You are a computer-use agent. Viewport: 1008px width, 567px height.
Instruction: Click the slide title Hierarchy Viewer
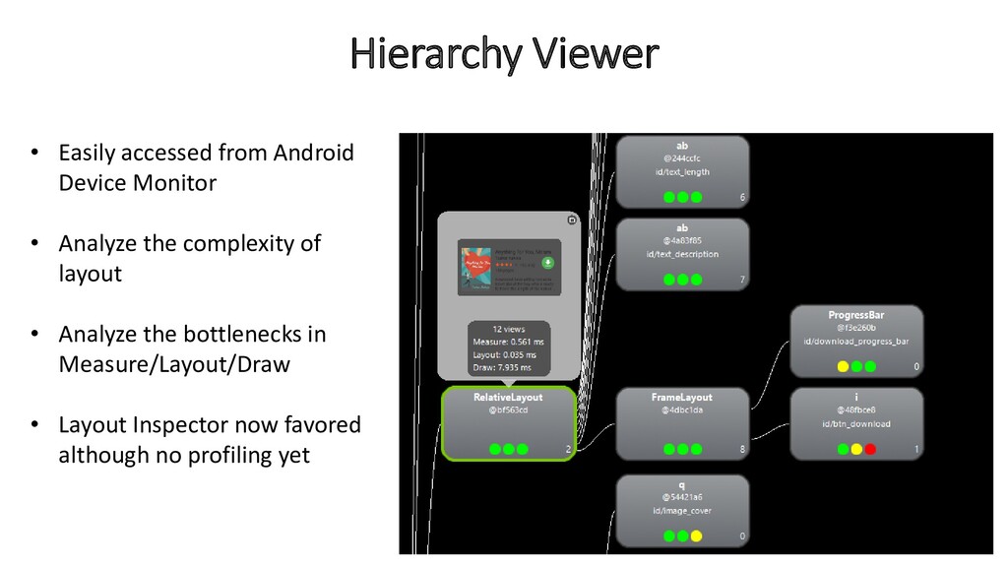pyautogui.click(x=504, y=54)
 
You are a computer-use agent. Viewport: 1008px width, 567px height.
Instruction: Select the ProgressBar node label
pyautogui.click(x=855, y=315)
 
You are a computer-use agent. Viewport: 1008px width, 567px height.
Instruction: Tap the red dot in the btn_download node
pyautogui.click(x=870, y=450)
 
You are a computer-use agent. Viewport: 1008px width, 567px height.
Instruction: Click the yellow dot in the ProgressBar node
pyautogui.click(x=843, y=367)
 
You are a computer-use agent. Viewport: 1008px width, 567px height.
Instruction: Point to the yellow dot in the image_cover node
pyautogui.click(x=696, y=536)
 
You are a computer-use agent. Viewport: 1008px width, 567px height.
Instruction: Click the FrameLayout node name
pyautogui.click(x=681, y=398)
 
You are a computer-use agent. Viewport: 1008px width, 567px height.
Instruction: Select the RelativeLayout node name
pyautogui.click(x=507, y=398)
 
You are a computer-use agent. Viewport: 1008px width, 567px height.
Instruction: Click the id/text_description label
pyautogui.click(x=682, y=254)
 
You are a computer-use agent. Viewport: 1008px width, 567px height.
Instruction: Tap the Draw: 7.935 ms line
pyautogui.click(x=502, y=367)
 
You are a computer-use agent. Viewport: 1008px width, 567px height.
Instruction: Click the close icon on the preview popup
pyautogui.click(x=572, y=220)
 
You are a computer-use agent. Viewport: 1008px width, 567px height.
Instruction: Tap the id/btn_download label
pyautogui.click(x=854, y=424)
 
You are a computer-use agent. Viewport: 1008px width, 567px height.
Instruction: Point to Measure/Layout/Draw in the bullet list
pyautogui.click(x=174, y=364)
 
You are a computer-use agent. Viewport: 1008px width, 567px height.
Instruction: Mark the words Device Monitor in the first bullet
pyautogui.click(x=137, y=183)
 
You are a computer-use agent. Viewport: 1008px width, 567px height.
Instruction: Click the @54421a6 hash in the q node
pyautogui.click(x=681, y=498)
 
